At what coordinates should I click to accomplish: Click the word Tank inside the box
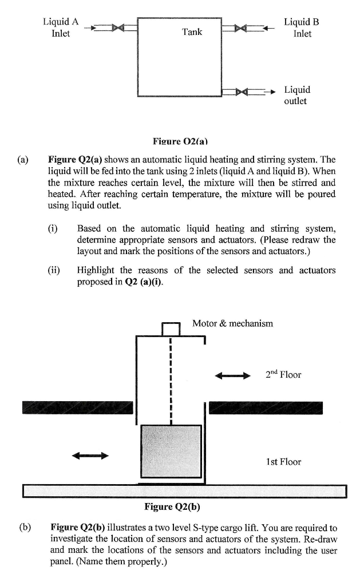[x=192, y=32]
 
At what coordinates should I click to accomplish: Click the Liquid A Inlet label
[x=60, y=27]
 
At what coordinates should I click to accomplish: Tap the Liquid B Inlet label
[x=302, y=27]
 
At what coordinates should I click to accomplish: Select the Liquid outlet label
[x=297, y=95]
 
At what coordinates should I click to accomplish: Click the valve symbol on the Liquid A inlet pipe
[x=118, y=27]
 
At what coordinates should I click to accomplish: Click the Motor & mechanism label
[x=232, y=323]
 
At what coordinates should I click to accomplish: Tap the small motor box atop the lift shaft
[x=171, y=329]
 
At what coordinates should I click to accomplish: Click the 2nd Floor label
[x=283, y=375]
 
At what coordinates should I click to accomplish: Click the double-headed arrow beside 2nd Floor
[x=232, y=375]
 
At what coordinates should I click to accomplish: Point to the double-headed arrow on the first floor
[x=90, y=456]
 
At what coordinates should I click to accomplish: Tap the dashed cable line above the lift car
[x=171, y=381]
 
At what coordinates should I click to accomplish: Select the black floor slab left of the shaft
[x=77, y=407]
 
